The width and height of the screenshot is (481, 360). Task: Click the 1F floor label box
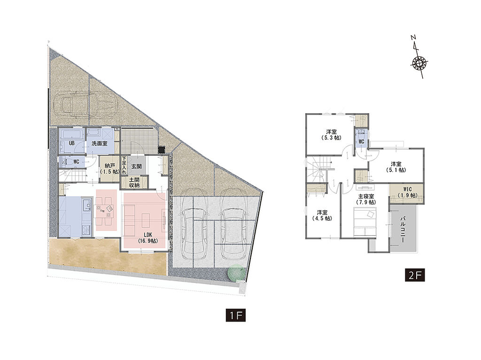(x=236, y=315)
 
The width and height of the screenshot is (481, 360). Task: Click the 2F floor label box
(x=415, y=275)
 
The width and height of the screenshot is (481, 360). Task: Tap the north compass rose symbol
(x=419, y=63)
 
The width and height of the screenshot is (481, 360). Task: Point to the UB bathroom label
(x=72, y=143)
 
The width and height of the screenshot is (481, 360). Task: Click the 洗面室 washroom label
(x=100, y=143)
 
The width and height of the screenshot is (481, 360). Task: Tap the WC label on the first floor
(x=76, y=161)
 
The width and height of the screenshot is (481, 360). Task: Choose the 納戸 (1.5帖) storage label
(x=109, y=169)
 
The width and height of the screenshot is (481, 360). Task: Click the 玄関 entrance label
(x=137, y=167)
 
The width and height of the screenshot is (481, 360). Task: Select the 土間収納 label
(x=134, y=183)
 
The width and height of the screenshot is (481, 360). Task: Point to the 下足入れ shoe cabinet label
(x=124, y=165)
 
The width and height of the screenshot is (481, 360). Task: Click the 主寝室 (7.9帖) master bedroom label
(x=366, y=199)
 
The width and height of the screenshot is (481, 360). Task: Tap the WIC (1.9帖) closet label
(x=407, y=192)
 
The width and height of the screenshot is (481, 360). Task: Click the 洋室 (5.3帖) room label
(x=331, y=135)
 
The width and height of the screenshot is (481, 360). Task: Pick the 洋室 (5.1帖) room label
(x=396, y=167)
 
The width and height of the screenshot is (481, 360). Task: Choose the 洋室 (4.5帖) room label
(x=322, y=215)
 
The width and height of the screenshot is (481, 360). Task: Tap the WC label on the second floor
(x=361, y=142)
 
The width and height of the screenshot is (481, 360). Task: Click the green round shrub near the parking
(x=237, y=273)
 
